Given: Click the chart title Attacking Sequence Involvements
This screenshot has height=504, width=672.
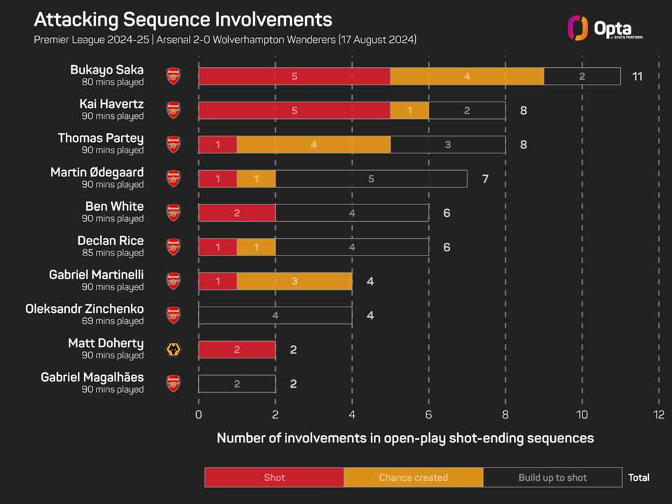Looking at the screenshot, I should click(x=183, y=19).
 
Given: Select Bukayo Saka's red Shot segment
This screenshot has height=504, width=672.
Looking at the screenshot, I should click(x=294, y=76).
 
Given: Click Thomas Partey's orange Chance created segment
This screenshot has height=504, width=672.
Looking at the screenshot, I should click(x=313, y=145).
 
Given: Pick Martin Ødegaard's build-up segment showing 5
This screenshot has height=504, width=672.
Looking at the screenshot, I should click(x=371, y=179).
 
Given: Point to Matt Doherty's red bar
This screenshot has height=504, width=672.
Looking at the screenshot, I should click(x=237, y=350).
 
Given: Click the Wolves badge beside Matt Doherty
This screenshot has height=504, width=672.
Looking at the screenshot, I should click(x=173, y=350).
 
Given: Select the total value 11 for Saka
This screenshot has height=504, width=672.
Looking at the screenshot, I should click(x=637, y=76).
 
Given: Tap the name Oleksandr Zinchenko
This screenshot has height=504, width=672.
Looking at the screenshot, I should click(x=84, y=309).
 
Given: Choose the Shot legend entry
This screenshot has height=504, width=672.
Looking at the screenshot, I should click(x=274, y=477).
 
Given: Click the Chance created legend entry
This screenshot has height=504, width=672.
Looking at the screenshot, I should click(x=413, y=477).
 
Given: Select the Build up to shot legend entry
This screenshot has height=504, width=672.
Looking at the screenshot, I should click(x=552, y=477).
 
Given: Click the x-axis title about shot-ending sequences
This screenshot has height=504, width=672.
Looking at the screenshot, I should click(x=405, y=438).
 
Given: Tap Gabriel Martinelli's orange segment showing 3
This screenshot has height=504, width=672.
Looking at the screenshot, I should click(x=294, y=281).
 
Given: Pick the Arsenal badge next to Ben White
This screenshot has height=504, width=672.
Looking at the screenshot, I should click(x=173, y=213).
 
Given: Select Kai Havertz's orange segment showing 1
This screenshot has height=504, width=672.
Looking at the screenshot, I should click(x=409, y=111).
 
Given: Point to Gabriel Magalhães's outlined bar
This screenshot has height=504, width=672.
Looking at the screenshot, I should click(x=237, y=384).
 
